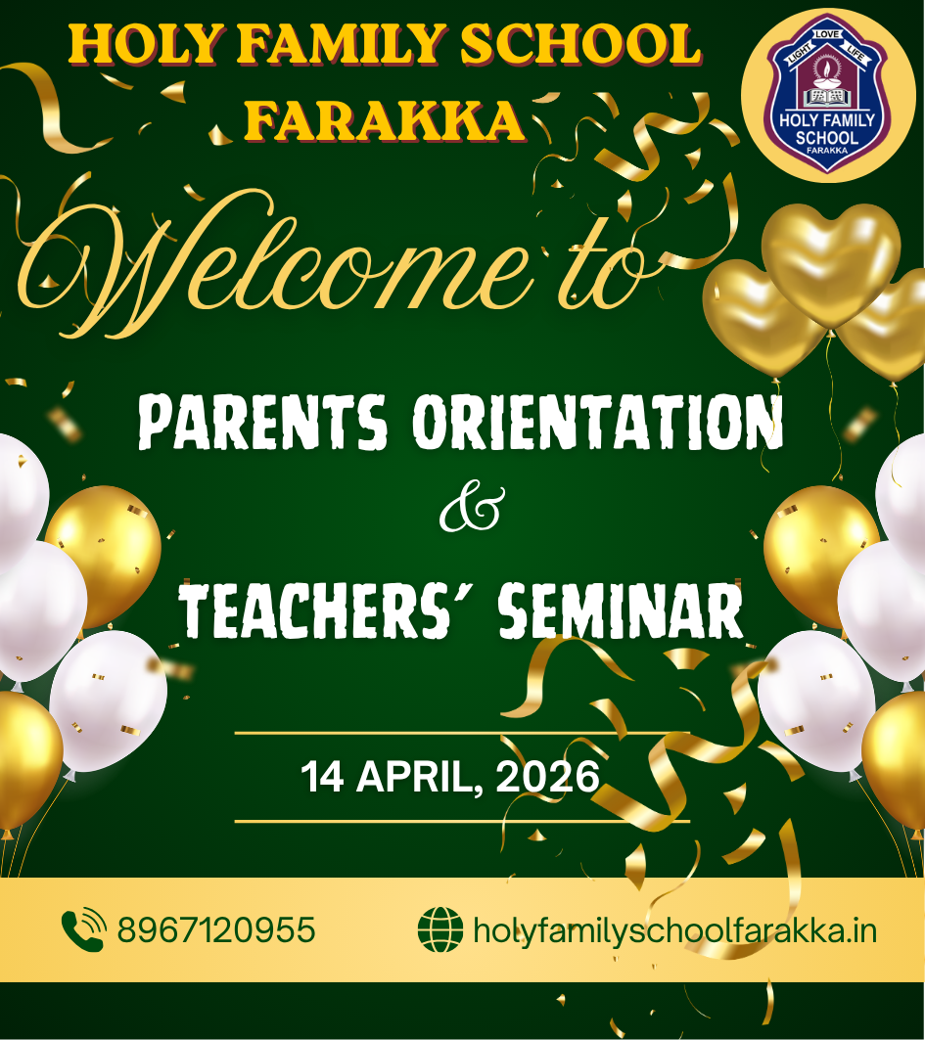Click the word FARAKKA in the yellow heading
click(x=385, y=121)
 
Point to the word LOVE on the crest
click(x=827, y=34)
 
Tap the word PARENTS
click(x=262, y=422)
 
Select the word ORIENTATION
click(x=598, y=422)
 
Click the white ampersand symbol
click(x=473, y=509)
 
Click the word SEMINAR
click(x=621, y=610)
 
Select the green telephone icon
click(x=83, y=929)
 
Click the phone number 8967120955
click(x=216, y=929)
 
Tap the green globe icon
click(x=440, y=929)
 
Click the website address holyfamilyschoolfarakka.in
click(x=674, y=931)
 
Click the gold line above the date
click(x=462, y=733)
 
